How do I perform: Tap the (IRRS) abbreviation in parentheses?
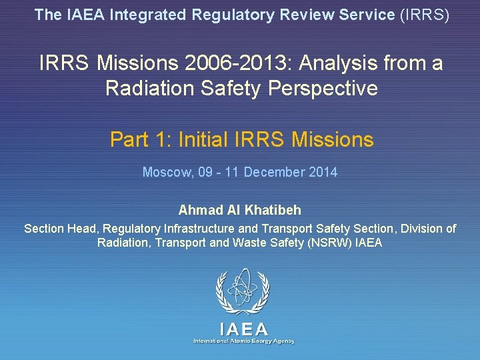(424, 15)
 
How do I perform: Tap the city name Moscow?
(166, 173)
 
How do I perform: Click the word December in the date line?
(274, 173)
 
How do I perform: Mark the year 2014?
(323, 173)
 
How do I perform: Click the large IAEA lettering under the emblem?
(244, 329)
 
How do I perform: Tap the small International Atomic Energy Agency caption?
(244, 341)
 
